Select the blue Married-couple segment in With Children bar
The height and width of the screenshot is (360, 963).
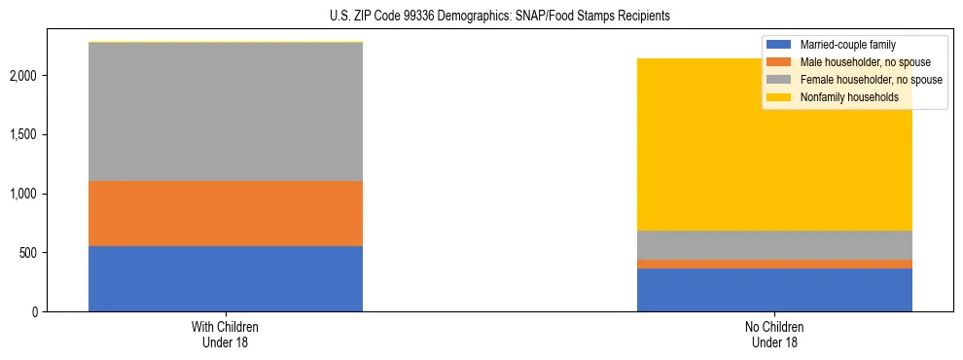coord(226,278)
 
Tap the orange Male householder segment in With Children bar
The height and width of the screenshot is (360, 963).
coord(226,213)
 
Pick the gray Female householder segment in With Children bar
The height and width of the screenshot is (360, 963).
coord(226,112)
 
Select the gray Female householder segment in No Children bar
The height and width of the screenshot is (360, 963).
coord(774,244)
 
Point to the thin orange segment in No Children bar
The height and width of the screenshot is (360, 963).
coord(774,264)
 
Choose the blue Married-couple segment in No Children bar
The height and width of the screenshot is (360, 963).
coord(774,290)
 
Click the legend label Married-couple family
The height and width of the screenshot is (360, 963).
coord(847,45)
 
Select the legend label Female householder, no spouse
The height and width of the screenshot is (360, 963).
coord(871,80)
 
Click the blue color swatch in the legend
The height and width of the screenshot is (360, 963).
coord(779,45)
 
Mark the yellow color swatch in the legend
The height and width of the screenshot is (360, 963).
coord(779,97)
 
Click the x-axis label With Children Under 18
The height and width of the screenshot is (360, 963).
coord(226,335)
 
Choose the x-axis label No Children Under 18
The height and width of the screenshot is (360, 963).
coord(774,335)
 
